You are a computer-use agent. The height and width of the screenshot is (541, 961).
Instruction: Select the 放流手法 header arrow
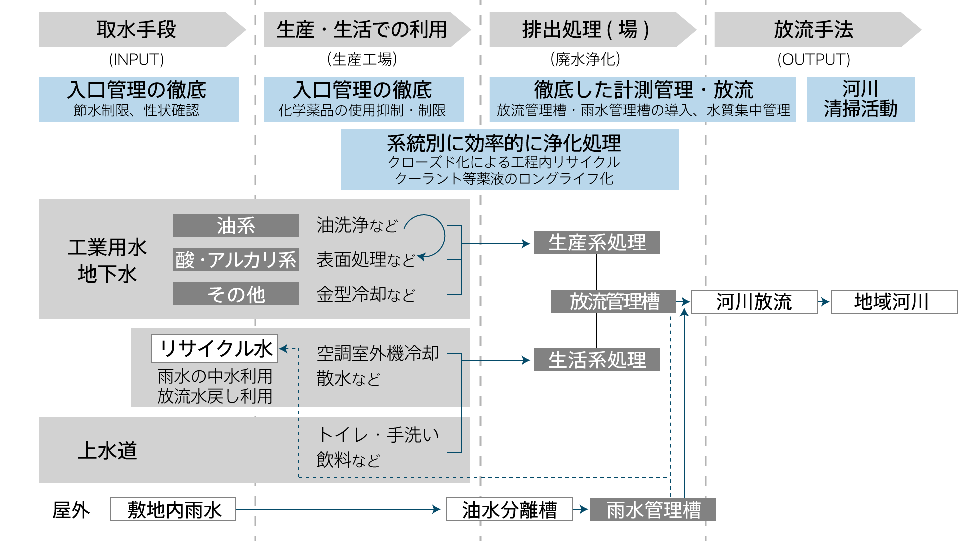click(813, 30)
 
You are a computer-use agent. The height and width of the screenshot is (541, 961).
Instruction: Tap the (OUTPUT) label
click(813, 60)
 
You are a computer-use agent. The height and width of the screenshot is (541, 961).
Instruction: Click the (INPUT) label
click(136, 60)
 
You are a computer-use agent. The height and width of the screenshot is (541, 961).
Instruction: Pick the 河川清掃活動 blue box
click(860, 99)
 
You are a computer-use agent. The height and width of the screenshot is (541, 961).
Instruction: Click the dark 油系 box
click(236, 226)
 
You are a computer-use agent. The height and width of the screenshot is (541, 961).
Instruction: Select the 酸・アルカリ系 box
click(236, 260)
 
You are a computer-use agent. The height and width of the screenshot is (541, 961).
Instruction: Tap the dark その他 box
click(236, 294)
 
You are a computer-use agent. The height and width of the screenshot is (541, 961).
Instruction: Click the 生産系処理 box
click(596, 243)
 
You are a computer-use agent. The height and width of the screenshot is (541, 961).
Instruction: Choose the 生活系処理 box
click(596, 360)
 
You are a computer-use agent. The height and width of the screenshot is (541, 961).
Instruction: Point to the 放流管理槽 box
click(613, 302)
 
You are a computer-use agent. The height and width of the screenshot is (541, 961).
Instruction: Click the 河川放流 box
click(754, 302)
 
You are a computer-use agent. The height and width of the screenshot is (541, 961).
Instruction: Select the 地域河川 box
click(893, 302)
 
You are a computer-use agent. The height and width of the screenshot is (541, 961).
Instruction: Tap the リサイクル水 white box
click(214, 348)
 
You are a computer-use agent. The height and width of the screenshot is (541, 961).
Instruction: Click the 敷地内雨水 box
click(173, 510)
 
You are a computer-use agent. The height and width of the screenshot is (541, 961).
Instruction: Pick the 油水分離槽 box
click(509, 510)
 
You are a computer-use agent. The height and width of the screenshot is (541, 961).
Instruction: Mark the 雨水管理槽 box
click(653, 510)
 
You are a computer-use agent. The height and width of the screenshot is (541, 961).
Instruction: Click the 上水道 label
click(107, 450)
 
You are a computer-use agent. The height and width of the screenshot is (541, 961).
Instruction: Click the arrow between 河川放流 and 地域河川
click(824, 302)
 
